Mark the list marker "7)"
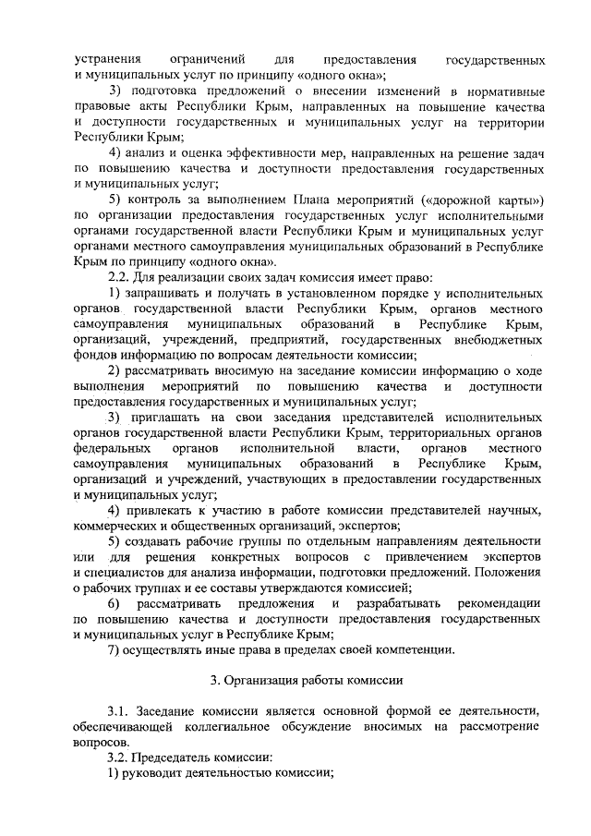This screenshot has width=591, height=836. (x=115, y=650)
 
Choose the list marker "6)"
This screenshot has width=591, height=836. (x=115, y=603)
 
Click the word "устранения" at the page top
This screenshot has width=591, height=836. (x=106, y=58)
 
